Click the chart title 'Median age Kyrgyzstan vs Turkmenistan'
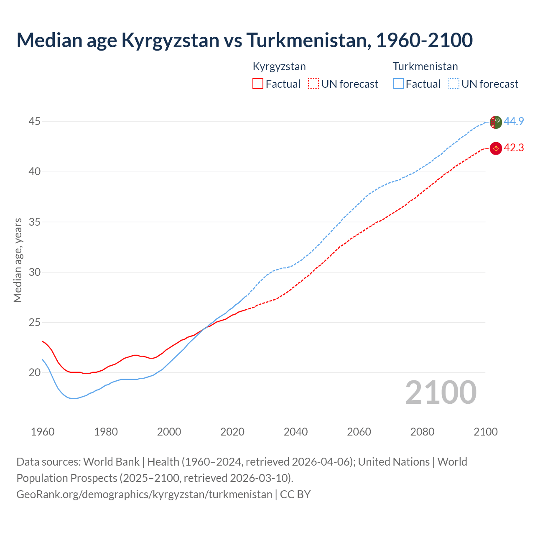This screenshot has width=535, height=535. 245,40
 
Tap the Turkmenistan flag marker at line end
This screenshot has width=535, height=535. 496,122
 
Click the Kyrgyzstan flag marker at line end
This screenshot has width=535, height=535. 496,148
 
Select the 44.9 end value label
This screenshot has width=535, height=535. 514,122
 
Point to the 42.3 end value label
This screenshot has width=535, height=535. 514,148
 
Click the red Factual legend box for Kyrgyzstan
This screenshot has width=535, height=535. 258,84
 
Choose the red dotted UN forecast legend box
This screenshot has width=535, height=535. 313,84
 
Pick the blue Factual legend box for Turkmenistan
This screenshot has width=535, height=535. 398,84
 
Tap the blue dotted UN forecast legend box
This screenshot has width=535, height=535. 454,84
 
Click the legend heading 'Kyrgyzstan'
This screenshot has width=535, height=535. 279,66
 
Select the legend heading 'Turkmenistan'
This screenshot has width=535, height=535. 425,66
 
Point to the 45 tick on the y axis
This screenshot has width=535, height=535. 34,122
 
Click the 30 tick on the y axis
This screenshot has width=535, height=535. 34,272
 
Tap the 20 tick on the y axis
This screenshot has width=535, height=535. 34,372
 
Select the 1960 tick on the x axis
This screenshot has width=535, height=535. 43,432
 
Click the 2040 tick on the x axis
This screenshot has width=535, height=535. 296,432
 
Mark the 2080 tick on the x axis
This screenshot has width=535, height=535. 422,432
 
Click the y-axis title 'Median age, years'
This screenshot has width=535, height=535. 18,260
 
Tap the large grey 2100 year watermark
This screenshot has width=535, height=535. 441,392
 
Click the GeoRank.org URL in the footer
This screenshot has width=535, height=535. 144,494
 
